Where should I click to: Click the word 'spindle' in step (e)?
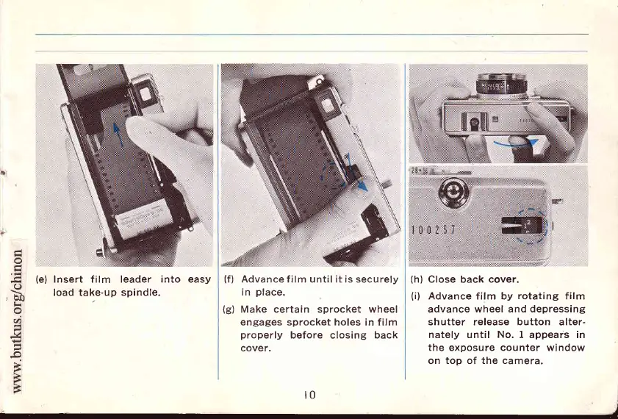click(141, 292)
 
